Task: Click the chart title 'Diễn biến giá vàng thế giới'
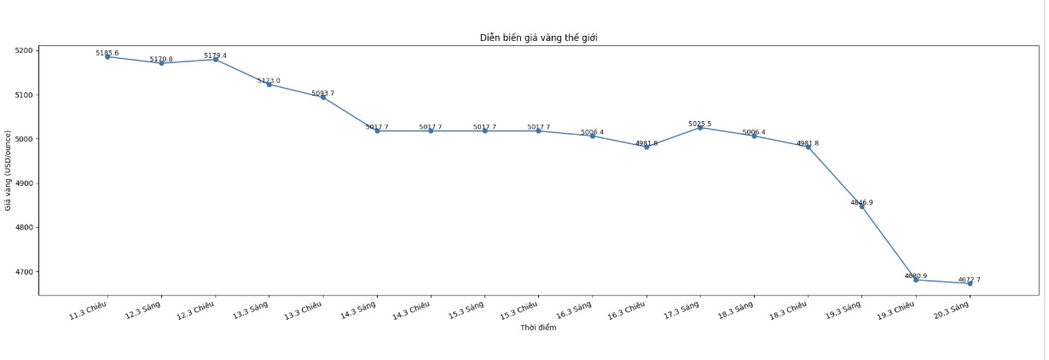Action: (537, 38)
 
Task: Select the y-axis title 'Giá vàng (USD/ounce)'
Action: (8, 170)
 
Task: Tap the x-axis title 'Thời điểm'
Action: (537, 328)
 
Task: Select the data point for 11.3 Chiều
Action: (107, 56)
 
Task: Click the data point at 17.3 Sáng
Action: (700, 127)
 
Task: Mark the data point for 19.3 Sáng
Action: (862, 206)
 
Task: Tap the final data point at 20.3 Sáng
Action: (970, 283)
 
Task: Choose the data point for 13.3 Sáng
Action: (269, 84)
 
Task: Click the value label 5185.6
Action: (107, 53)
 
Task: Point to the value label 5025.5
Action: (700, 124)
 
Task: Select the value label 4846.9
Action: (862, 202)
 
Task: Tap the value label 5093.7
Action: (322, 93)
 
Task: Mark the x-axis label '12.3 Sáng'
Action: (144, 310)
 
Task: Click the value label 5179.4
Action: (215, 55)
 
